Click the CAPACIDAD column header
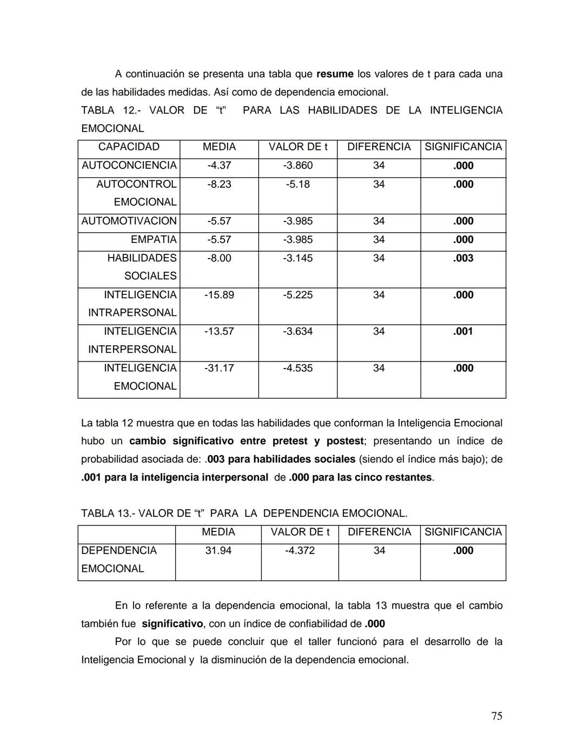[129, 147]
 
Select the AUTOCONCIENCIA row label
[129, 166]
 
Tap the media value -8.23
[219, 184]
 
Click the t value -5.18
[298, 184]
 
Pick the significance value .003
[463, 258]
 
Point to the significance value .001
[463, 331]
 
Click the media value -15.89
[219, 295]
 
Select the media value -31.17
[219, 368]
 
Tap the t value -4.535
[298, 368]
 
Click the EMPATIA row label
[154, 239]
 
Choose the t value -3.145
[298, 258]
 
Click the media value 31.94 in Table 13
[218, 550]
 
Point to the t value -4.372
[300, 550]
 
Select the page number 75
[496, 716]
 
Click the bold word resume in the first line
[335, 74]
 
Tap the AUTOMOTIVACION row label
[129, 221]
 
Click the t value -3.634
[298, 331]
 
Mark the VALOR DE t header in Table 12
[298, 147]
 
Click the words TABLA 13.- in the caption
[107, 513]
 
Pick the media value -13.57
[219, 331]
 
